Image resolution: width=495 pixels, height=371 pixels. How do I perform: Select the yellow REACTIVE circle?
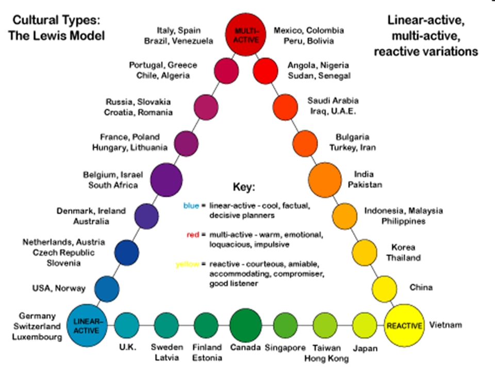click(x=404, y=326)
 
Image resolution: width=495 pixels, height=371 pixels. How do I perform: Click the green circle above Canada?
click(x=245, y=325)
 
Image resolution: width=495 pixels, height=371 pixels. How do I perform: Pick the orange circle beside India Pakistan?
click(x=325, y=179)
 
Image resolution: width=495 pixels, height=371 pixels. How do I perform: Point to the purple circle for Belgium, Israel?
click(x=167, y=179)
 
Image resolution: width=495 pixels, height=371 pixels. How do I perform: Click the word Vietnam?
click(x=445, y=325)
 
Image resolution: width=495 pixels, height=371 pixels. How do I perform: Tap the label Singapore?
click(x=285, y=347)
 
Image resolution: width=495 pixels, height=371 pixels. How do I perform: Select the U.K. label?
click(x=126, y=347)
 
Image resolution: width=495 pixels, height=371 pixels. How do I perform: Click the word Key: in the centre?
click(x=246, y=187)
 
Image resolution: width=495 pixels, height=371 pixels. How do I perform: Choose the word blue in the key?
click(x=191, y=206)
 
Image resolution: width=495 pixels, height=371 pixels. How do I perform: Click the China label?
click(x=421, y=287)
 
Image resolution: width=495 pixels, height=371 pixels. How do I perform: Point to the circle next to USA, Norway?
click(x=107, y=289)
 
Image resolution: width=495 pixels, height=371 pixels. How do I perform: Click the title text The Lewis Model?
click(x=56, y=36)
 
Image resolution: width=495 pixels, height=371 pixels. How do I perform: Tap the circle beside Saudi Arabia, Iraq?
click(x=285, y=105)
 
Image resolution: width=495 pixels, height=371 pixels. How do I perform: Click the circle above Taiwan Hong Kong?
click(x=325, y=325)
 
